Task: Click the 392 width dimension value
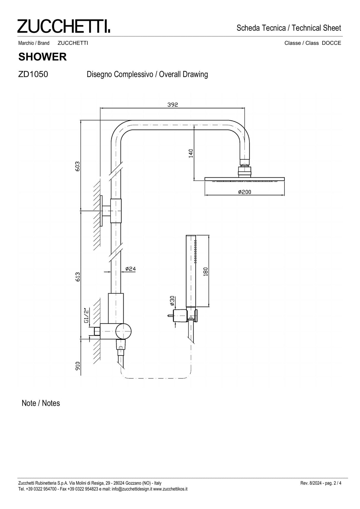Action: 173,105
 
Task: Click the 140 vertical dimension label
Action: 191,153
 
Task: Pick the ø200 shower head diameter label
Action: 245,192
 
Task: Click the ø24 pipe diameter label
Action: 130,269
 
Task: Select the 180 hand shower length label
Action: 206,271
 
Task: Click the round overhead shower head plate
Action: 245,179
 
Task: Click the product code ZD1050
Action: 33,74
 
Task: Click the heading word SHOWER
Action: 42,57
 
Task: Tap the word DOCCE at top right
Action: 331,43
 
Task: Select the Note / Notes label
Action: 41,403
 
